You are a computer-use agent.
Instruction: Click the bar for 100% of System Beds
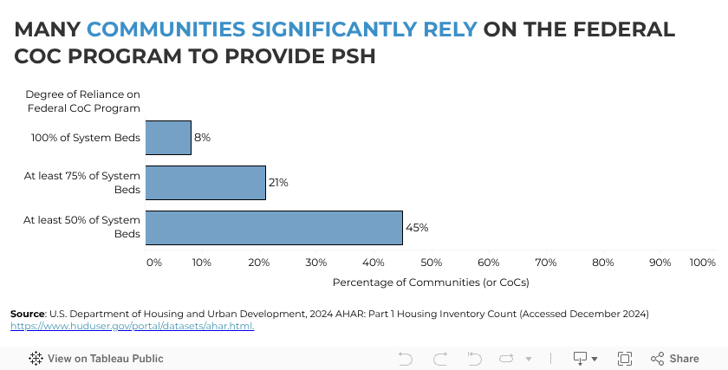(x=168, y=138)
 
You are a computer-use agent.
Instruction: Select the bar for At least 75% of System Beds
(x=205, y=183)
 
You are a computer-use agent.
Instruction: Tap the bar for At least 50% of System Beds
(x=274, y=228)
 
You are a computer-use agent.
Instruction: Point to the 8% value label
(x=203, y=138)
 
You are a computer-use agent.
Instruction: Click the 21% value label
(x=279, y=183)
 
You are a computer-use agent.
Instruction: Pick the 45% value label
(x=417, y=228)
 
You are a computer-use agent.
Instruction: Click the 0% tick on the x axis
(x=153, y=262)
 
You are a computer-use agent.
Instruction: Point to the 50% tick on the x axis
(x=432, y=262)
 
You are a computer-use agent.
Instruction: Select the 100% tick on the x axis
(x=702, y=262)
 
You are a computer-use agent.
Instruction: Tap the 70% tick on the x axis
(x=546, y=262)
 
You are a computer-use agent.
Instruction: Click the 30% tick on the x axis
(x=316, y=262)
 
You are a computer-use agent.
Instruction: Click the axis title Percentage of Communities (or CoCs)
(x=431, y=282)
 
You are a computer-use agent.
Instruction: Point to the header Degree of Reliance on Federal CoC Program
(x=83, y=101)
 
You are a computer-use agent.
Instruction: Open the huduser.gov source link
(x=132, y=327)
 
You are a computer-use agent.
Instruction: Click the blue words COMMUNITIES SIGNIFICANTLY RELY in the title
(x=282, y=29)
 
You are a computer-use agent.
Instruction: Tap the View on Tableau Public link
(x=96, y=359)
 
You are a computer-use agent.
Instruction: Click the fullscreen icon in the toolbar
(x=624, y=359)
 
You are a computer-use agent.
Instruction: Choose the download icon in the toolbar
(x=580, y=359)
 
